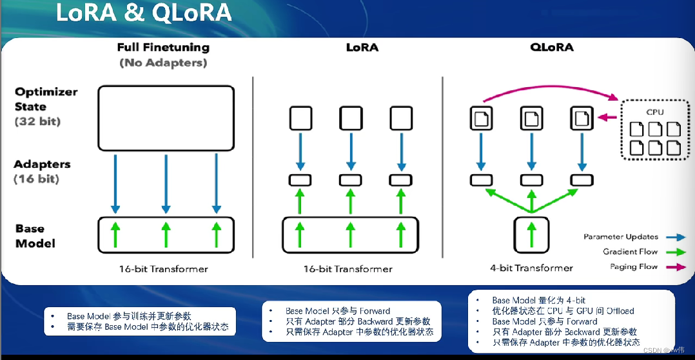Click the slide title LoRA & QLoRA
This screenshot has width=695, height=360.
point(143,13)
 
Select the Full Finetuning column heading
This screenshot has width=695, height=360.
point(163,48)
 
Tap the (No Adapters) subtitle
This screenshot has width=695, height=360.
point(163,63)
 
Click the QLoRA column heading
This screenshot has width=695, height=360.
point(552,48)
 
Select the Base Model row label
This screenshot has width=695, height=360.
point(35,235)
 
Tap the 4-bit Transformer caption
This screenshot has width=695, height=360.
point(531,268)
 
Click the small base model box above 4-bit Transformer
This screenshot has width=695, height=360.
point(531,235)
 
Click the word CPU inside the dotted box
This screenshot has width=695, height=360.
point(655,112)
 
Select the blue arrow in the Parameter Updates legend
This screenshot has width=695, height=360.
point(676,237)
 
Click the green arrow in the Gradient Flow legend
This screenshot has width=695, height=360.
point(676,252)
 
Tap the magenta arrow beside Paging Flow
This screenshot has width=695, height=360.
point(676,266)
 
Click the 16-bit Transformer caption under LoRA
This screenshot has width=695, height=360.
point(348,268)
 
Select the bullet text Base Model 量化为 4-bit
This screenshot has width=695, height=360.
point(538,300)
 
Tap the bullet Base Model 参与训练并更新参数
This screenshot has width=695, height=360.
point(129,316)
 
